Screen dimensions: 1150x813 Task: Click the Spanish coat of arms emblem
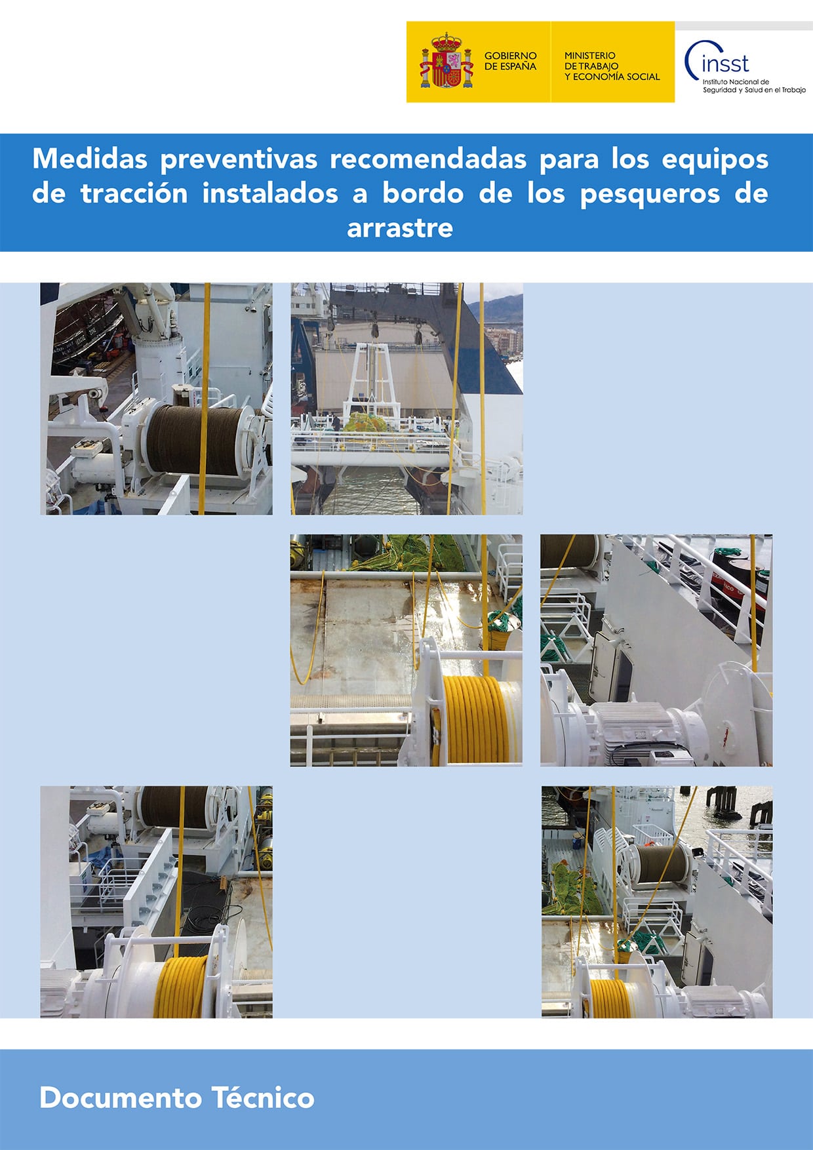(446, 61)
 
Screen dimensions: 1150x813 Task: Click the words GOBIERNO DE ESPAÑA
(510, 61)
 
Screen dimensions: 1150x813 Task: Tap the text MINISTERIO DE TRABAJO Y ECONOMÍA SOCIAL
(611, 66)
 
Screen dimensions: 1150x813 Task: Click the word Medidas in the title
(92, 159)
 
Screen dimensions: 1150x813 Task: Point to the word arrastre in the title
(400, 228)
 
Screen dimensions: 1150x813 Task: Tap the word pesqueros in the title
(650, 194)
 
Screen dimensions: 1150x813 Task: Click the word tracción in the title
(134, 194)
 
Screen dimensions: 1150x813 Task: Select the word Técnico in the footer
(263, 1098)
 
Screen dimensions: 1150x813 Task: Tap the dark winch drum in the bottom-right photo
(659, 862)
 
